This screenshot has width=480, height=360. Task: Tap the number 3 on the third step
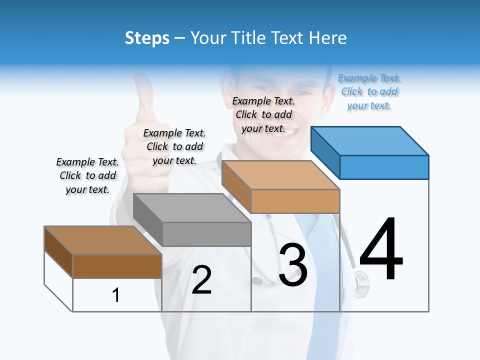tap(293, 265)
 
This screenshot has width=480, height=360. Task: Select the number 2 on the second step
tap(201, 280)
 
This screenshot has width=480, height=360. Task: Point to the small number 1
tap(116, 295)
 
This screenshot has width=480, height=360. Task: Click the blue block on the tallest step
tap(370, 152)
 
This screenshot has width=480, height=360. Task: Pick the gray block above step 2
tap(192, 220)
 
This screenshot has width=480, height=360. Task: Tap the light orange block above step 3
tap(281, 187)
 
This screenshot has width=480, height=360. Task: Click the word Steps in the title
tap(147, 38)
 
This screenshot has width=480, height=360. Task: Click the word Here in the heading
tap(327, 38)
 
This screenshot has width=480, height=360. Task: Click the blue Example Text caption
tap(369, 91)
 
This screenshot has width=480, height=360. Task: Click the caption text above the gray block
tap(174, 146)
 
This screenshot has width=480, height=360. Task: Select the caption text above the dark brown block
tap(87, 175)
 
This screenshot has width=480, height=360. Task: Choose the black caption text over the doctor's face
tap(263, 114)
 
